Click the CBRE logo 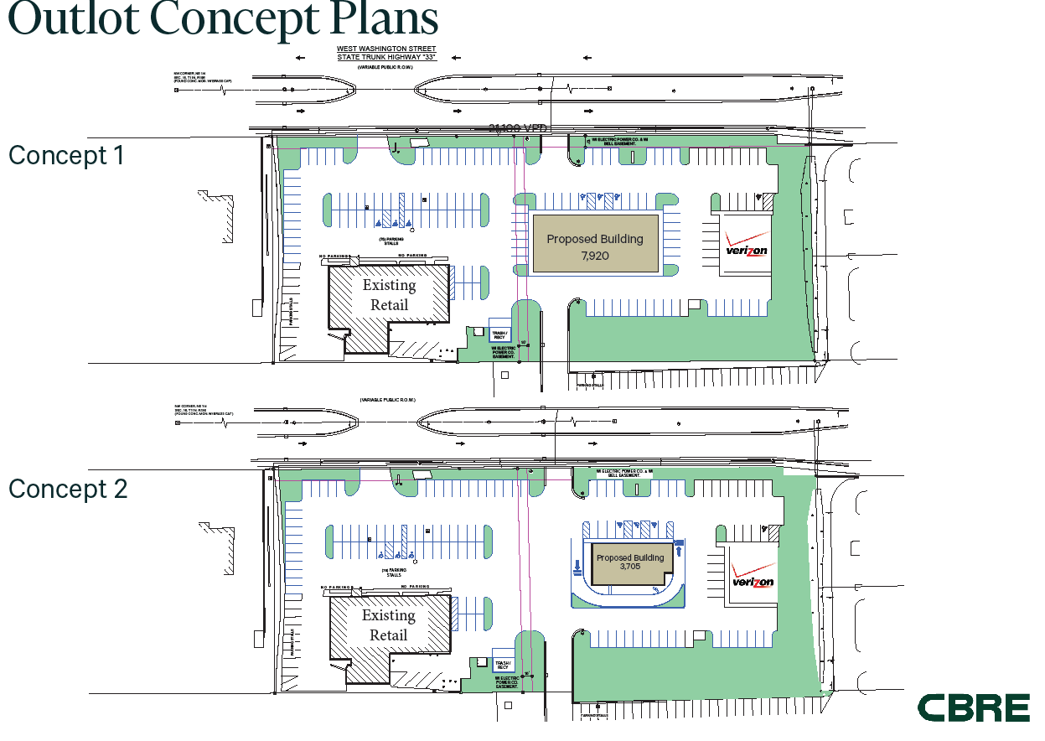973,707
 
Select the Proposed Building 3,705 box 629,563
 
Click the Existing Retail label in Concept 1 389,295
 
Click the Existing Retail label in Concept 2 389,625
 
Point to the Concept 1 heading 66,155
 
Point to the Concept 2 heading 68,489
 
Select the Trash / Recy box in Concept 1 499,334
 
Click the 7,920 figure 595,255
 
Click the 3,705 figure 630,567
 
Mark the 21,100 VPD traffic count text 518,127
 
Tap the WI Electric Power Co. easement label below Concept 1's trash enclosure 504,352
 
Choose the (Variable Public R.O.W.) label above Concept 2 387,401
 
